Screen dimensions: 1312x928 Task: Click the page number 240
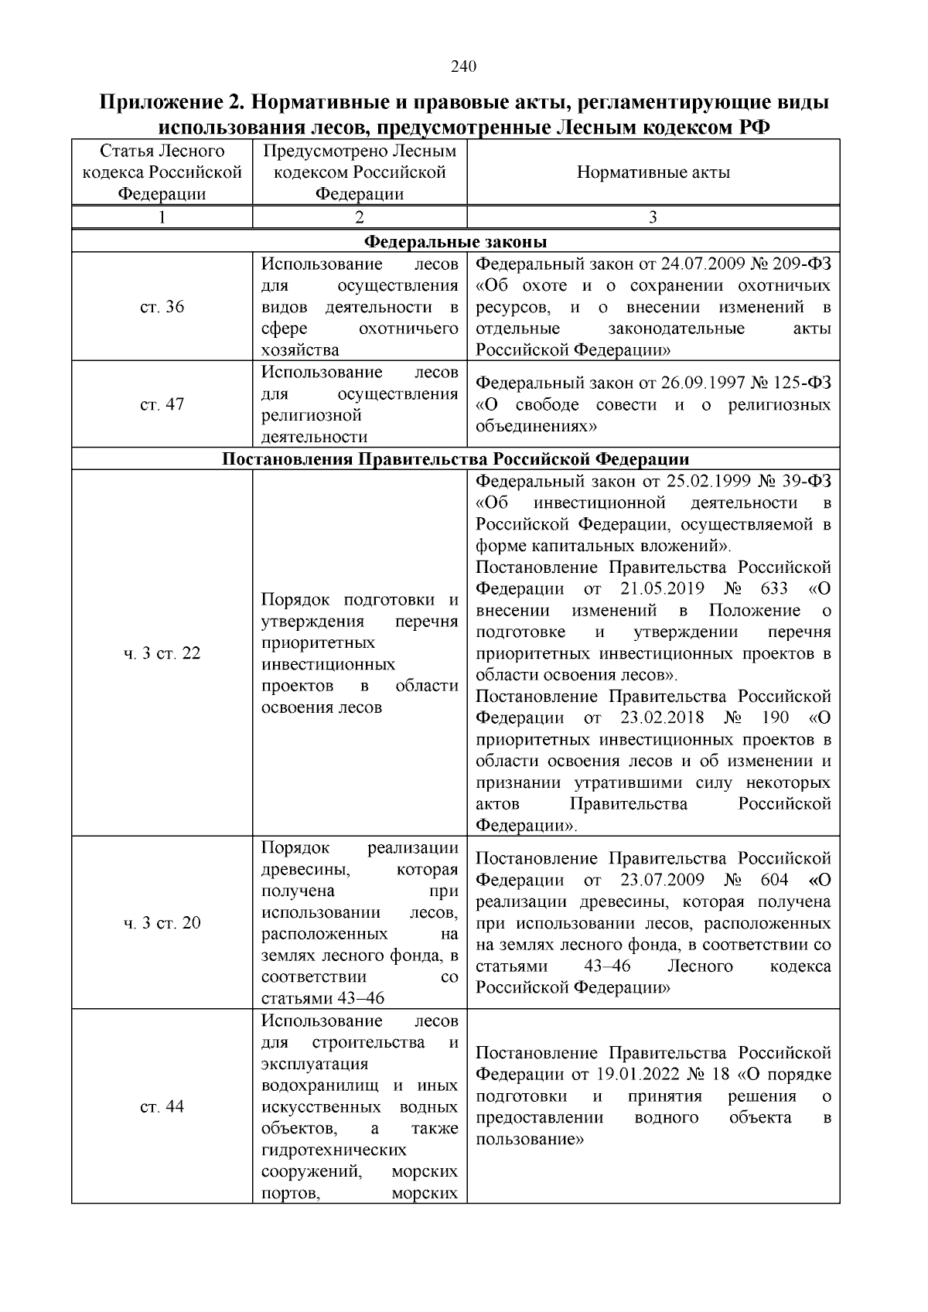[x=463, y=66]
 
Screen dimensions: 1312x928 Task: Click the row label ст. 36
[x=162, y=307]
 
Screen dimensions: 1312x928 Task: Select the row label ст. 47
[x=162, y=404]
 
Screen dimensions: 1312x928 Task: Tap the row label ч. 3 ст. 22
[x=162, y=653]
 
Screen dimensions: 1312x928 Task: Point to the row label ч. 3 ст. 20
[x=162, y=923]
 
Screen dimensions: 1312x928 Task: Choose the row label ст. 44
[x=162, y=1106]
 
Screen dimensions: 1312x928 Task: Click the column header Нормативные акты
[x=653, y=172]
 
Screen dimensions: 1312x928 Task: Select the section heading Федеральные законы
[x=455, y=241]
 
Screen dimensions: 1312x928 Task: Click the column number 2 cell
[x=360, y=217]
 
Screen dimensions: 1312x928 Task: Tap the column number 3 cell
[x=653, y=217]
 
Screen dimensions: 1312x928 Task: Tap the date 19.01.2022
[x=640, y=1075]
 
